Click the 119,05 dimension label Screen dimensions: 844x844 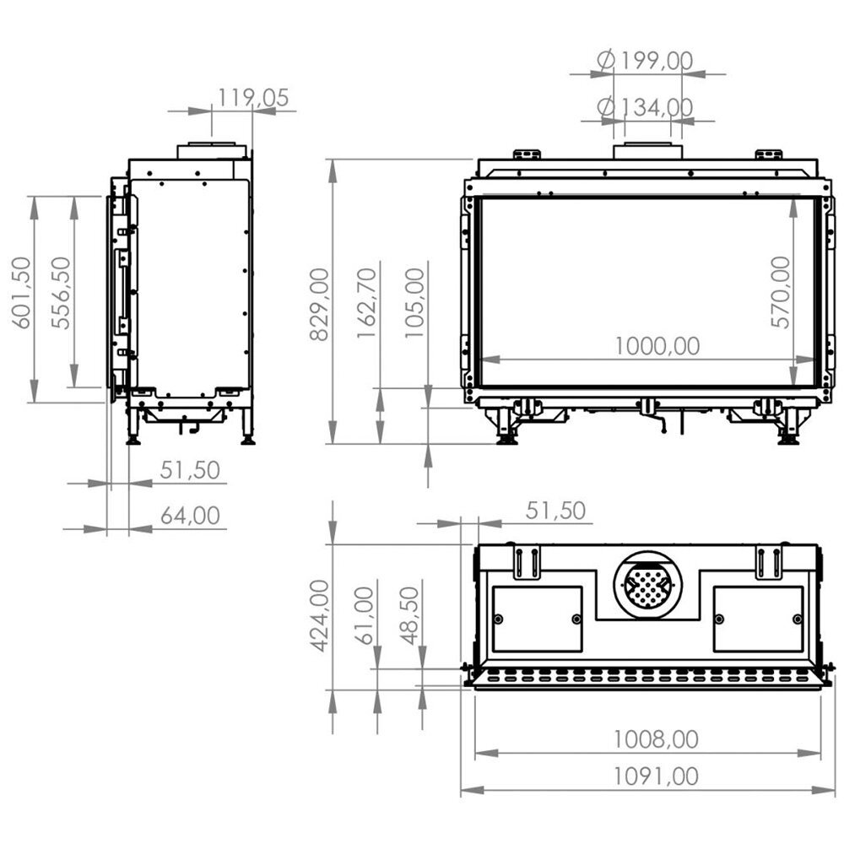[x=253, y=98]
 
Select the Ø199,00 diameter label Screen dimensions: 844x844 [x=645, y=62]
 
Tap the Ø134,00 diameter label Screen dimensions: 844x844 [x=645, y=107]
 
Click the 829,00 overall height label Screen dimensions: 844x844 [x=320, y=304]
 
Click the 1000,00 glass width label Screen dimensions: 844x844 [x=657, y=346]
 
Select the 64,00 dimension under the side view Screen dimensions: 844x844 [x=190, y=515]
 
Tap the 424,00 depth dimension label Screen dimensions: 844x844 [x=320, y=616]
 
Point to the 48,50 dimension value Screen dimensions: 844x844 [x=411, y=616]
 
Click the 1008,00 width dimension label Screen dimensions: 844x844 [x=657, y=739]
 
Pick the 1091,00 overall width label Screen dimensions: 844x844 [x=657, y=776]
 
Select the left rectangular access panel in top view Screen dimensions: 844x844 [x=537, y=619]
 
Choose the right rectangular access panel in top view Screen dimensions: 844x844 [x=758, y=619]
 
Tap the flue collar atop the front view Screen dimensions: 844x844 [x=647, y=151]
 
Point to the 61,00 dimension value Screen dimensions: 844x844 [x=365, y=616]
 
